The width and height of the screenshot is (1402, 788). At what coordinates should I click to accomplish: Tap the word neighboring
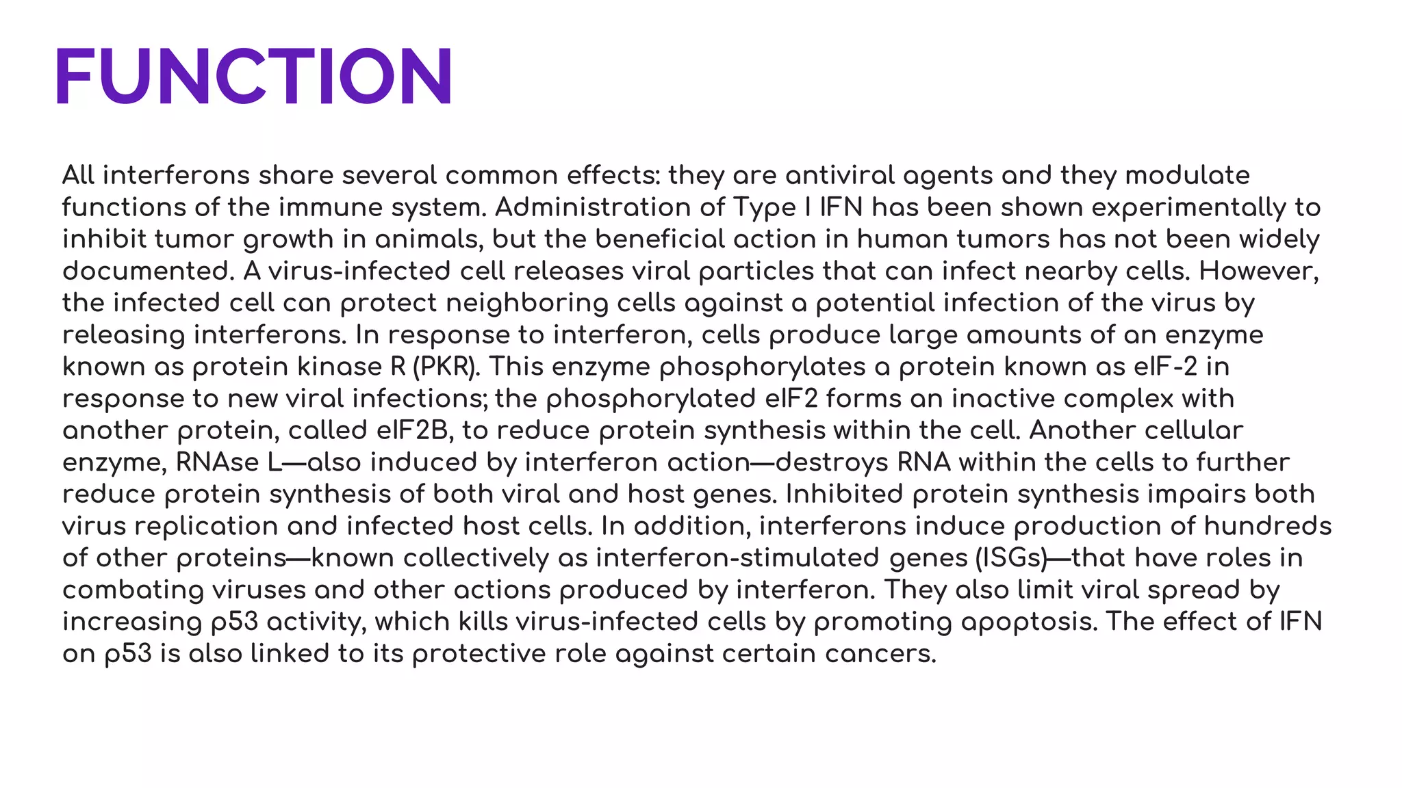pos(527,304)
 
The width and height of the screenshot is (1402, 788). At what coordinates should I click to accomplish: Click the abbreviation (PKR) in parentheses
pos(444,367)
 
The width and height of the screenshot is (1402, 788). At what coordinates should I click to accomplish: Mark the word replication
pos(206,527)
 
